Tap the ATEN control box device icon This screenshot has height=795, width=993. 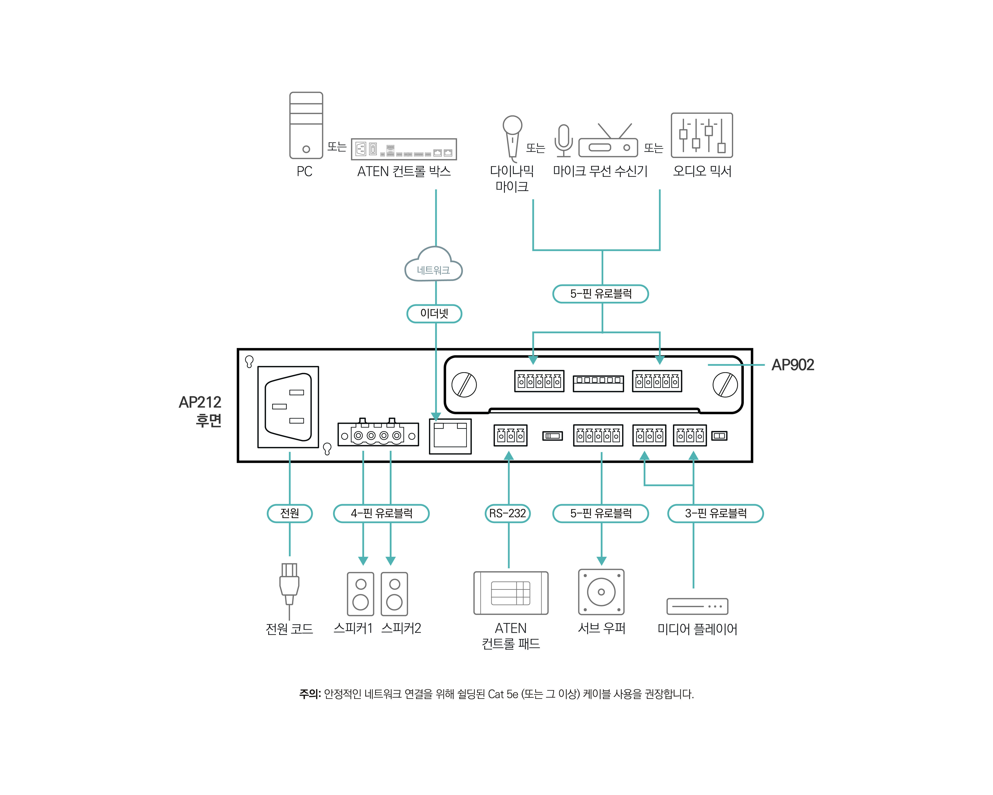click(403, 149)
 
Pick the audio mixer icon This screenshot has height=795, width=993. click(701, 135)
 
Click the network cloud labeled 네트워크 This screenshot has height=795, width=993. click(433, 266)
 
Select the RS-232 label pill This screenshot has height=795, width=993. click(508, 513)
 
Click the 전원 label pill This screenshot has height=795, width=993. click(290, 513)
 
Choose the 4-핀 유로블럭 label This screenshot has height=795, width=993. click(381, 513)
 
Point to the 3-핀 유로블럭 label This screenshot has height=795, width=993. click(715, 513)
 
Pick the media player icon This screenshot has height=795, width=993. click(697, 606)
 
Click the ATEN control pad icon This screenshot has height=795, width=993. click(511, 593)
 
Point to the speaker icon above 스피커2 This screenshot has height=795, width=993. click(394, 594)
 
